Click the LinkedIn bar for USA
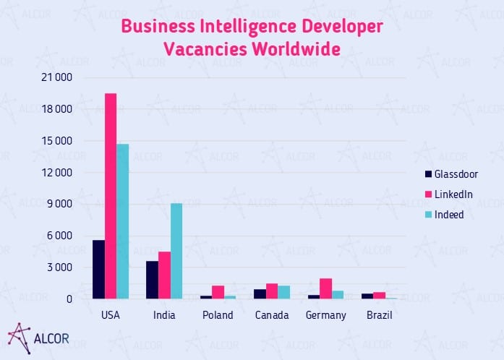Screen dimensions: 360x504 111,196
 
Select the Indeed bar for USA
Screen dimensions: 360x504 123,221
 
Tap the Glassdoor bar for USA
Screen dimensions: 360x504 99,269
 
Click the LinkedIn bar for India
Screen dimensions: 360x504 165,275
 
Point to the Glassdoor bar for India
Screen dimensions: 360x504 153,280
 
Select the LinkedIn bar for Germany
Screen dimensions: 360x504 326,288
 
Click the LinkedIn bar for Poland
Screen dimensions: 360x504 218,292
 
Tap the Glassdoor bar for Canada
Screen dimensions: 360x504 260,293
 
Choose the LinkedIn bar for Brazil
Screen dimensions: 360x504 380,295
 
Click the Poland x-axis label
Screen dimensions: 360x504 218,315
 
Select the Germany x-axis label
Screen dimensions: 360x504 326,315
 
